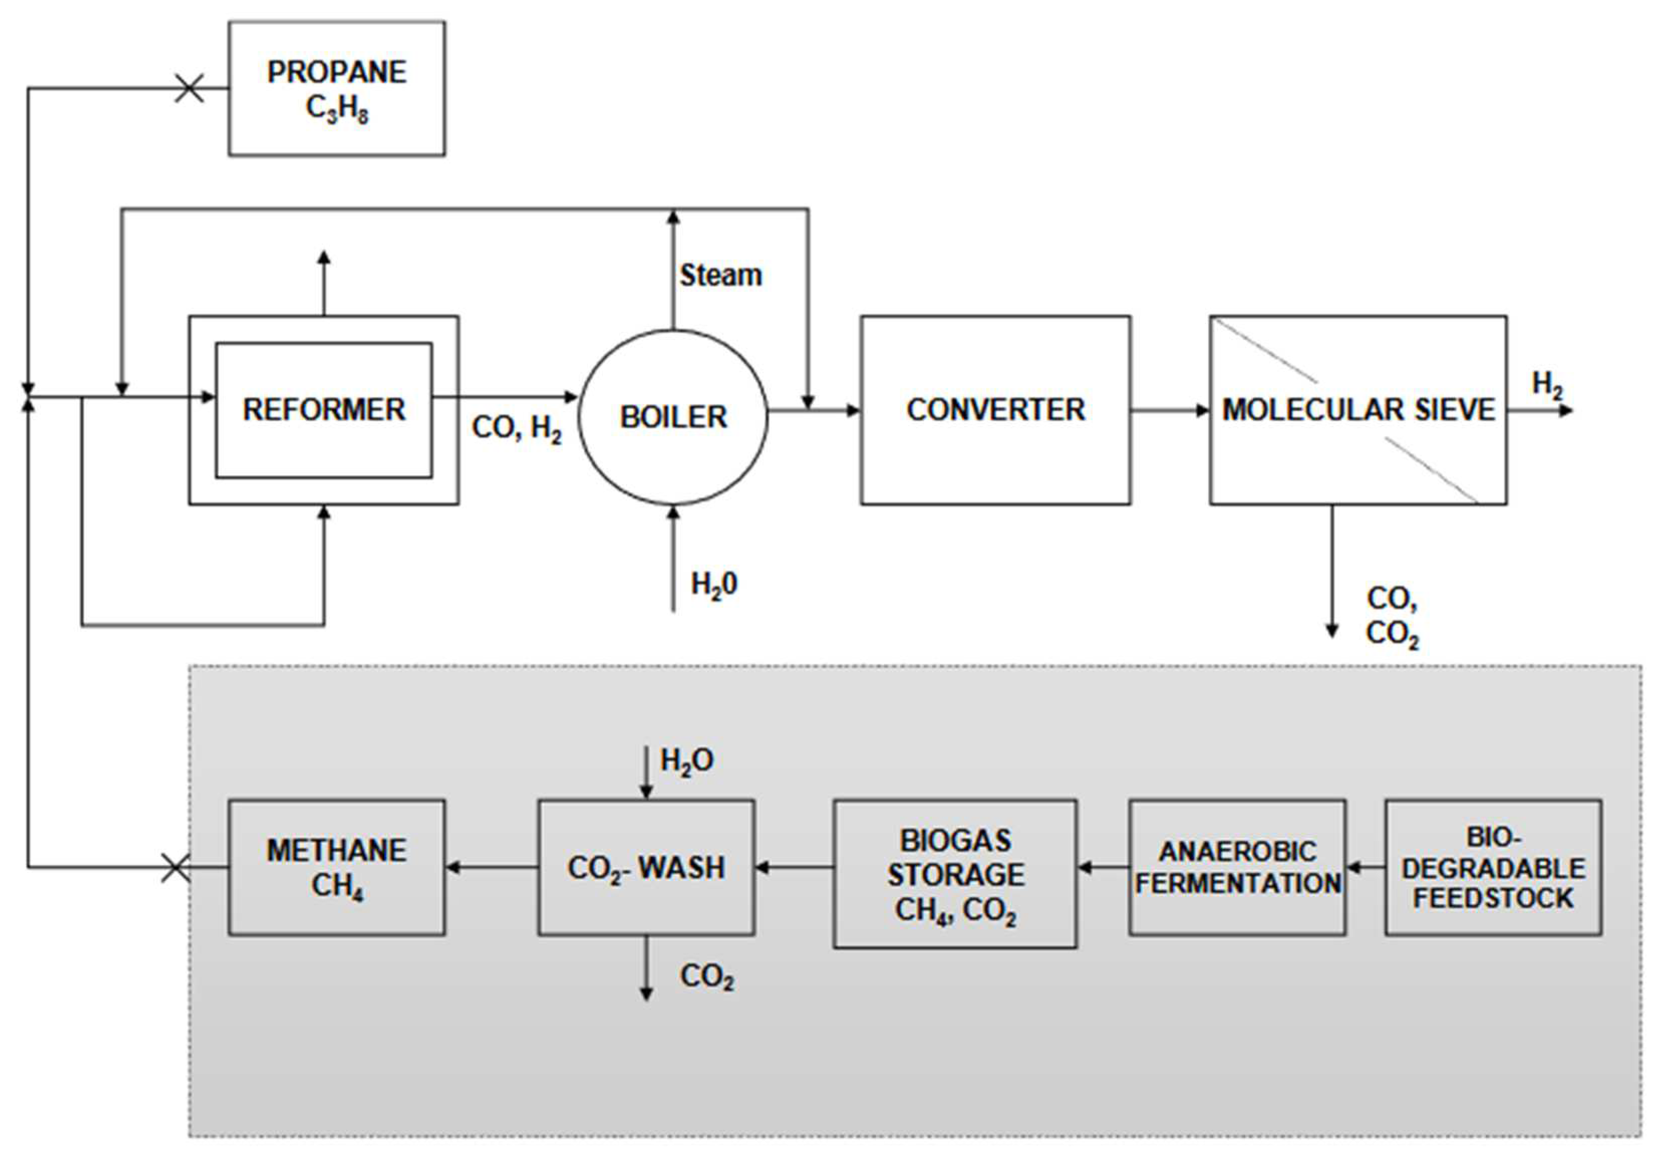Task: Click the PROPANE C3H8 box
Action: click(x=337, y=88)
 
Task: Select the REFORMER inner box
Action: click(x=324, y=410)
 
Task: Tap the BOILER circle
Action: click(x=673, y=417)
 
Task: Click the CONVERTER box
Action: click(x=995, y=410)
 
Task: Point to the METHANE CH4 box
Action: click(x=337, y=867)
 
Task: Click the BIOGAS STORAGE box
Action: click(x=956, y=874)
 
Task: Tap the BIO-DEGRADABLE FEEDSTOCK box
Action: click(x=1494, y=867)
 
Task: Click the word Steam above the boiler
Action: click(x=720, y=275)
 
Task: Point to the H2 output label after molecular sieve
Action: click(x=1547, y=384)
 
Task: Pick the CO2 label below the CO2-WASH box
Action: click(x=707, y=976)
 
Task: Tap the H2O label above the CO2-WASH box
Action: click(x=686, y=760)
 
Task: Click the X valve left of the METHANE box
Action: click(x=176, y=867)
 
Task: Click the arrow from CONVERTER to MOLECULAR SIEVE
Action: click(x=1170, y=410)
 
